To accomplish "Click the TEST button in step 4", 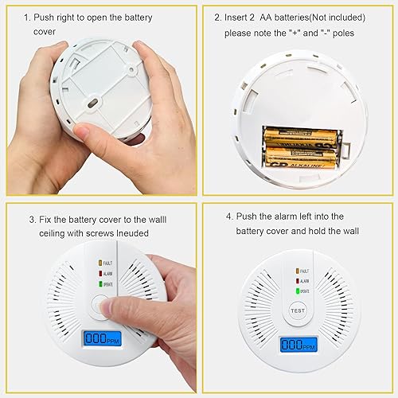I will click(x=296, y=310).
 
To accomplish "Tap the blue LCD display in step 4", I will click(x=296, y=345).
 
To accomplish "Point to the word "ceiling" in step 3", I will click(x=54, y=232).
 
